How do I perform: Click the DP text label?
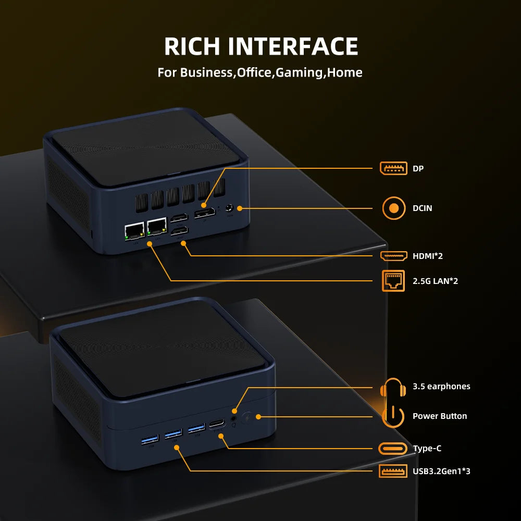tap(418, 169)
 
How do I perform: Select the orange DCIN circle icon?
tap(394, 208)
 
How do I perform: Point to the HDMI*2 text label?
tap(428, 256)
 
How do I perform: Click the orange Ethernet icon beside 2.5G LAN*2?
tap(393, 281)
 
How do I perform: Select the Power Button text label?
tap(440, 416)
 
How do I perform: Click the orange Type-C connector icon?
tap(393, 449)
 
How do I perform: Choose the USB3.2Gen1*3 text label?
tap(441, 472)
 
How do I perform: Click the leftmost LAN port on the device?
tap(134, 231)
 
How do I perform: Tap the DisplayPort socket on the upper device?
tap(204, 214)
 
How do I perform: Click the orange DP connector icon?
tap(393, 168)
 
